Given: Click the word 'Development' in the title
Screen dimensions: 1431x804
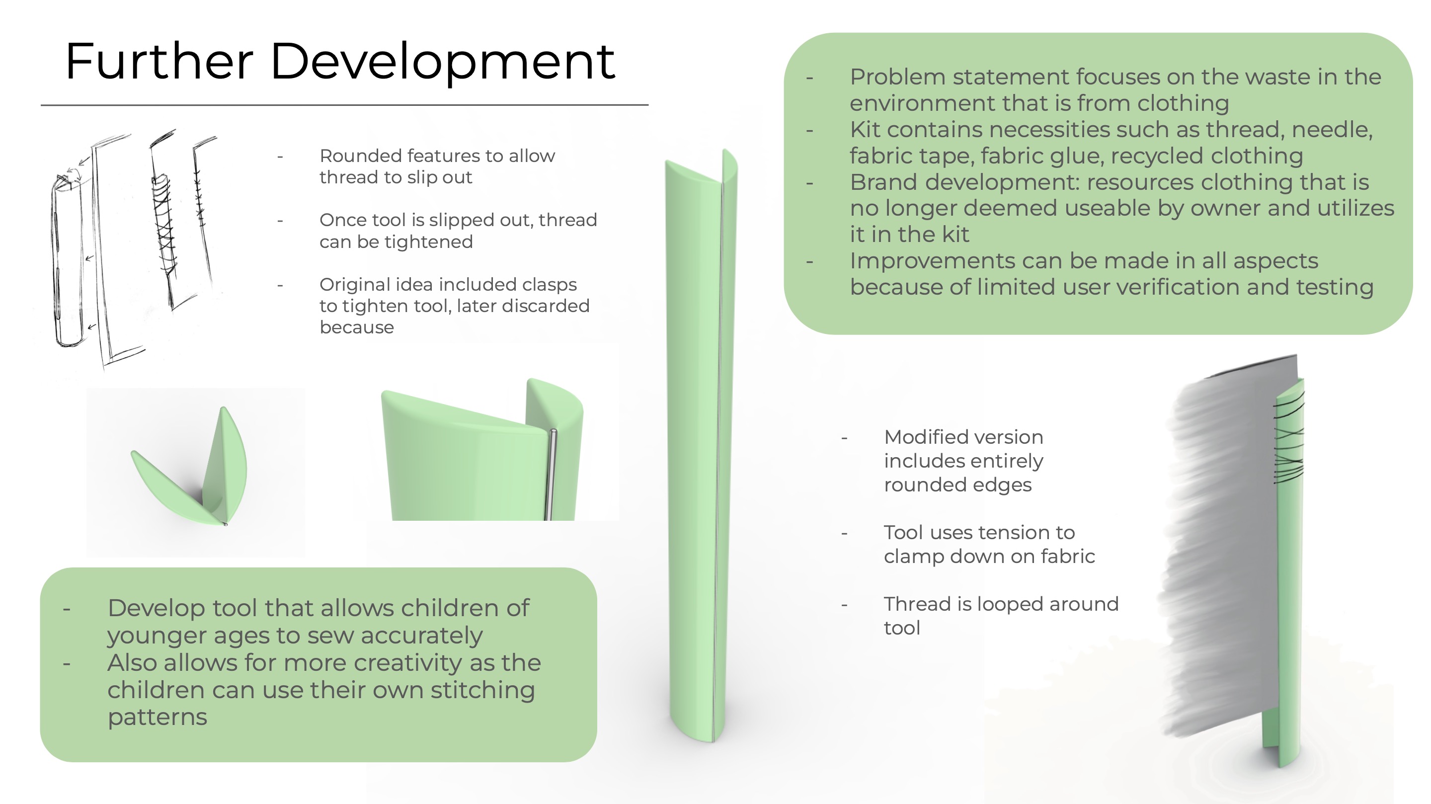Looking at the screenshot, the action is (443, 63).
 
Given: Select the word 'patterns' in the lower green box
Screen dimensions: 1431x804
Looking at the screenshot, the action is (157, 718).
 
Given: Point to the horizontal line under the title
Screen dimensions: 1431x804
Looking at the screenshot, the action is (344, 104).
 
